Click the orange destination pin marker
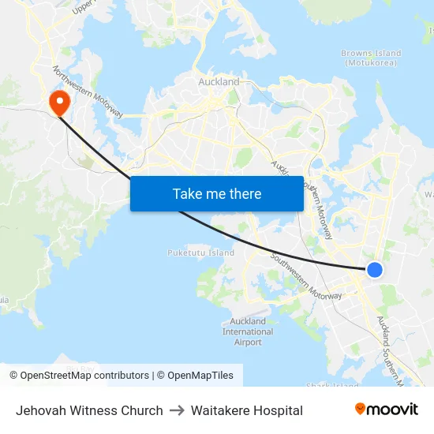pyautogui.click(x=59, y=103)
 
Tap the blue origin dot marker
pyautogui.click(x=375, y=270)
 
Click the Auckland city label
pyautogui.click(x=219, y=82)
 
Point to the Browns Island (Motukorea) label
pyautogui.click(x=371, y=58)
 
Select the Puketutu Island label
pyautogui.click(x=200, y=253)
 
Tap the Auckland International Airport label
pyautogui.click(x=248, y=331)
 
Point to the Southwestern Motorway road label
pyautogui.click(x=306, y=276)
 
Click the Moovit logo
pyautogui.click(x=387, y=410)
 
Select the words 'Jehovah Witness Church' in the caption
pyautogui.click(x=89, y=410)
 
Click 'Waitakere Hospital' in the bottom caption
pyautogui.click(x=247, y=410)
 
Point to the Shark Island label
pyautogui.click(x=332, y=386)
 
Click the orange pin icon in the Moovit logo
pyautogui.click(x=360, y=410)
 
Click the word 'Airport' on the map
pyautogui.click(x=248, y=342)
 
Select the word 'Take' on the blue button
pyautogui.click(x=187, y=194)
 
